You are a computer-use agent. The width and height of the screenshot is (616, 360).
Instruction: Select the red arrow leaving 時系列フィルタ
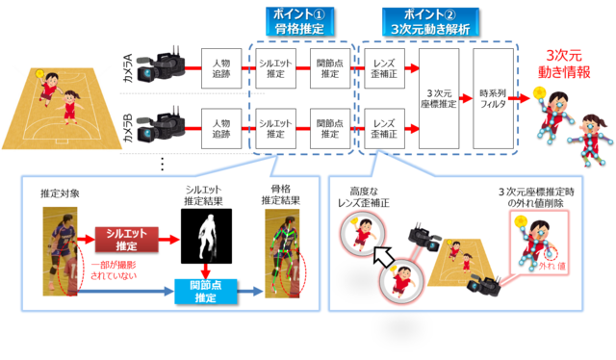(523, 96)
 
